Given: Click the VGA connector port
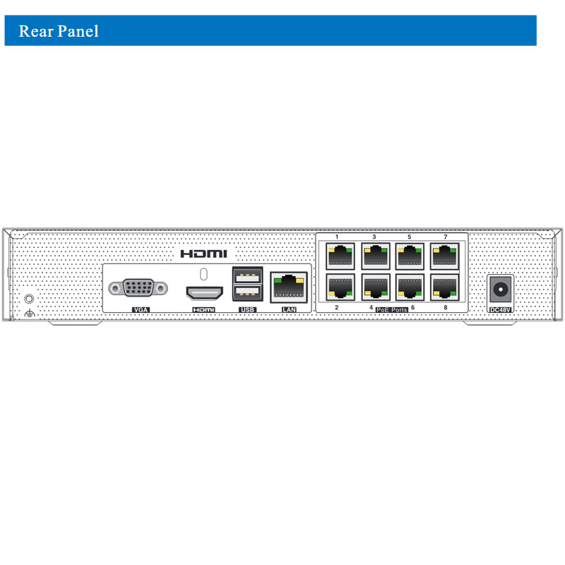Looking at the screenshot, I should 138,288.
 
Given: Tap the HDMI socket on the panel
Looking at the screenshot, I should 204,292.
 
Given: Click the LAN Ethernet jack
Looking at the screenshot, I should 289,287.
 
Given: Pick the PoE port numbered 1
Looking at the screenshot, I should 340,254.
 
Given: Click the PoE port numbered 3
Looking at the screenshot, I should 375,254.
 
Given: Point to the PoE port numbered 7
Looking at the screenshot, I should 444,254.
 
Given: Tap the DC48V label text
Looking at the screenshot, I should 501,309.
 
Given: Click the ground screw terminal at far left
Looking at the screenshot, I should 29,299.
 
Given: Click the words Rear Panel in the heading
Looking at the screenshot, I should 59,32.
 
